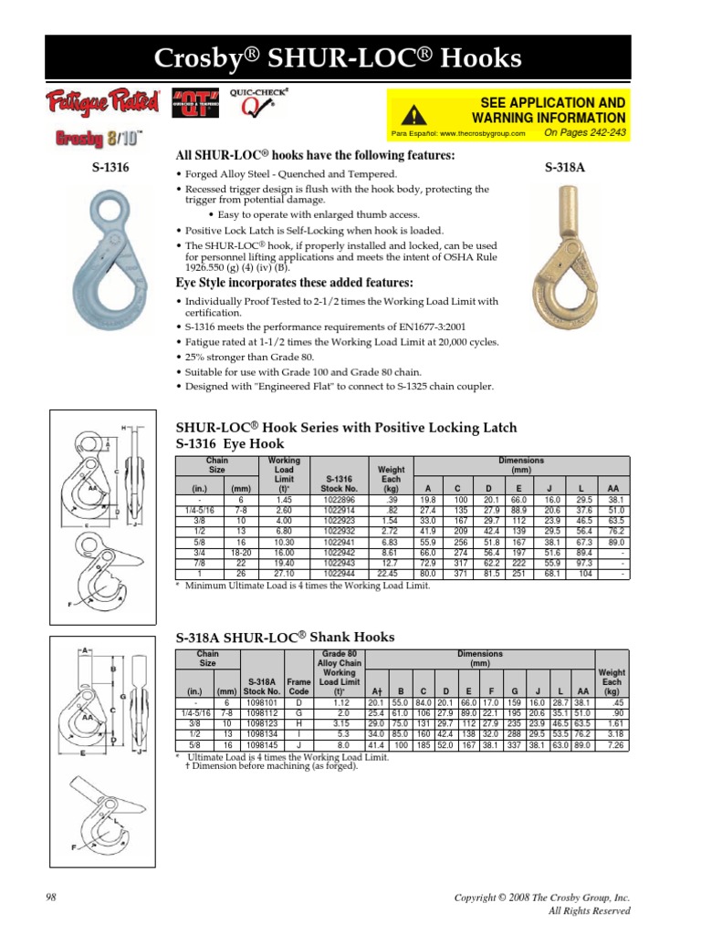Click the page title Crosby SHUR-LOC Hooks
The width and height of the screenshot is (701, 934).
tap(350, 60)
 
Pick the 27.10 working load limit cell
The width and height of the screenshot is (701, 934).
tap(286, 573)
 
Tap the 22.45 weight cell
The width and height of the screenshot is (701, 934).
tap(391, 573)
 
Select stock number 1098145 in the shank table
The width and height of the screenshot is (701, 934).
tap(260, 746)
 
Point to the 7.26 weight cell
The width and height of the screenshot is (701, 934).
tap(612, 746)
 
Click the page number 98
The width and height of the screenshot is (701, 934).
tap(50, 898)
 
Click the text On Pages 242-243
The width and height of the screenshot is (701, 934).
tap(584, 133)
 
